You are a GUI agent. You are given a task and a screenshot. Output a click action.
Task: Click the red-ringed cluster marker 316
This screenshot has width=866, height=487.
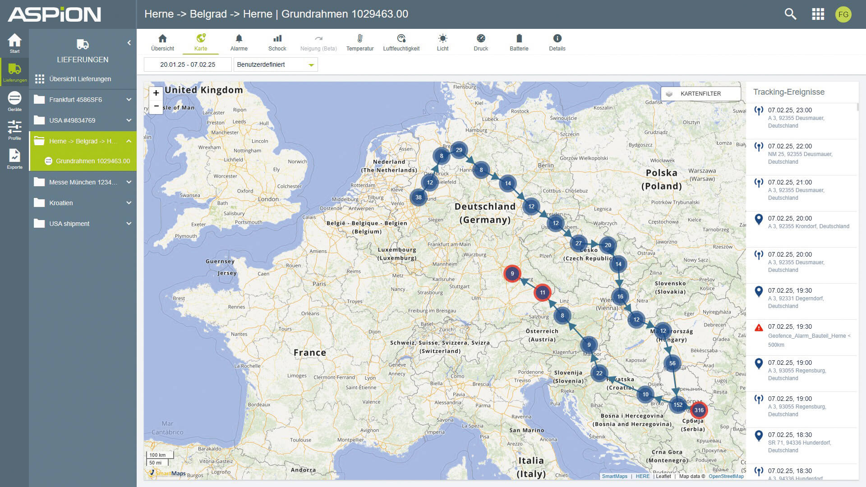(x=699, y=410)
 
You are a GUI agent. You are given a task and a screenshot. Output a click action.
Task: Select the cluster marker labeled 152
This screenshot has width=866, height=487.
(x=678, y=404)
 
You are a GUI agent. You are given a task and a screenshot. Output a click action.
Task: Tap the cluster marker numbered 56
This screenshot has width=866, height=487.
(x=672, y=363)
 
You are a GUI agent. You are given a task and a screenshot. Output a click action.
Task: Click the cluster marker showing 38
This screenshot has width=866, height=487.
(x=419, y=197)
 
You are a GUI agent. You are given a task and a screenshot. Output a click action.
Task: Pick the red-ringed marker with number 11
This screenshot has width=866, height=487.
(x=542, y=292)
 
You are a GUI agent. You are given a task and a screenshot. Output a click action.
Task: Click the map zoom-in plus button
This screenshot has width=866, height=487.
(x=156, y=93)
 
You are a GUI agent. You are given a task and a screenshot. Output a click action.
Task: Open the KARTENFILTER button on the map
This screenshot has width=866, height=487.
(x=700, y=93)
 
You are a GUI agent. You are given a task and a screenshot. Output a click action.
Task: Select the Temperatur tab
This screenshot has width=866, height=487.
(x=359, y=42)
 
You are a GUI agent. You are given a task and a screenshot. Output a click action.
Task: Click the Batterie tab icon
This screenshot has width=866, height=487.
(x=519, y=38)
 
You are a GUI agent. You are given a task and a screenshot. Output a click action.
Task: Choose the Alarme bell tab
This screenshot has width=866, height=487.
(x=239, y=42)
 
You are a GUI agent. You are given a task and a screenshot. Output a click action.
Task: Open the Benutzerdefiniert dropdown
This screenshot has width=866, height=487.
(x=275, y=64)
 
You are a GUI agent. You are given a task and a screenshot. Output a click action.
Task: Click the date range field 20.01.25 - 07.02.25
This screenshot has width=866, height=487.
(x=188, y=64)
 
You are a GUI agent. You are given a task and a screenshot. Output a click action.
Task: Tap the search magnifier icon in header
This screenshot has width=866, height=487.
(x=790, y=14)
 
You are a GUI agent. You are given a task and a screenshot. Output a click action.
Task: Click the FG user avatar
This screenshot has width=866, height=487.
(x=843, y=14)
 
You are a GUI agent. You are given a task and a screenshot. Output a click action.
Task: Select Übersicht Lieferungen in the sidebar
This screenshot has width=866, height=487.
(x=80, y=79)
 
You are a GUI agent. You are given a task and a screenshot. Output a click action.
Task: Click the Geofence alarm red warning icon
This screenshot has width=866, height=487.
(x=759, y=327)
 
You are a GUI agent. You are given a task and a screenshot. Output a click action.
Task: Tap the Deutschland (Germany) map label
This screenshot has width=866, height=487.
(x=485, y=213)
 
